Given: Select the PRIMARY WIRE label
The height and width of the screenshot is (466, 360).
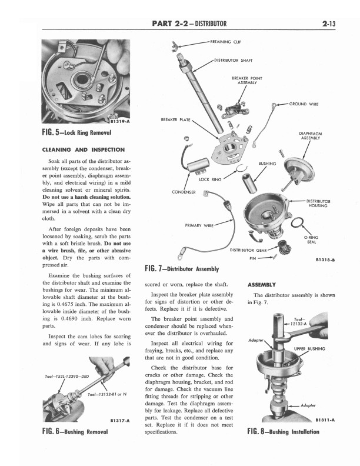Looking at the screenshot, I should [x=199, y=225].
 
